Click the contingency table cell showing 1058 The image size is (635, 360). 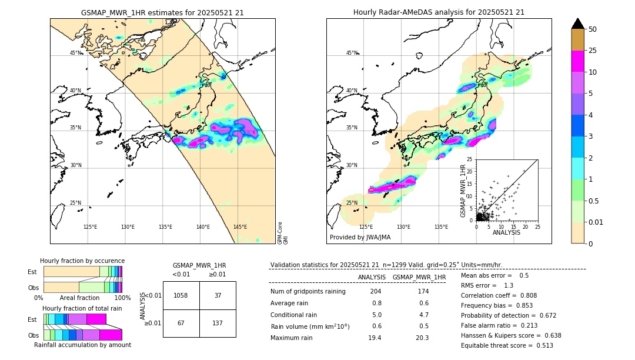pyautogui.click(x=181, y=295)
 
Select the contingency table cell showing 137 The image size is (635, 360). pyautogui.click(x=218, y=324)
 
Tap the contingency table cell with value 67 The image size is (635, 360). pyautogui.click(x=181, y=324)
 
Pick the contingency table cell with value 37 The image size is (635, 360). pyautogui.click(x=218, y=295)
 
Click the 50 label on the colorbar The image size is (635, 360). pyautogui.click(x=593, y=29)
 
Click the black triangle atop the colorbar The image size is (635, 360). pyautogui.click(x=577, y=24)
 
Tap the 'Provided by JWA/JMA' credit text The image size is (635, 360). pyautogui.click(x=360, y=237)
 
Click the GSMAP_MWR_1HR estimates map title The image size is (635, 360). pyautogui.click(x=162, y=12)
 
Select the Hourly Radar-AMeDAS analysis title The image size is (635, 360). pyautogui.click(x=439, y=12)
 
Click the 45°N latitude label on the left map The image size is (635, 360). pyautogui.click(x=76, y=53)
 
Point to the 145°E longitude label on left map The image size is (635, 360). pyautogui.click(x=240, y=227)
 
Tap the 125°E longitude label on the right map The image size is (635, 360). pyautogui.click(x=366, y=227)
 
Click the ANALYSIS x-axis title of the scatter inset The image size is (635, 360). pyautogui.click(x=507, y=232)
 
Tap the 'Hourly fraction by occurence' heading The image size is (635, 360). pyautogui.click(x=82, y=261)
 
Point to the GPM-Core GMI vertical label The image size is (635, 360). pyautogui.click(x=283, y=233)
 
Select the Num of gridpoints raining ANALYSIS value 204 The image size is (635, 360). pyautogui.click(x=376, y=292)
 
